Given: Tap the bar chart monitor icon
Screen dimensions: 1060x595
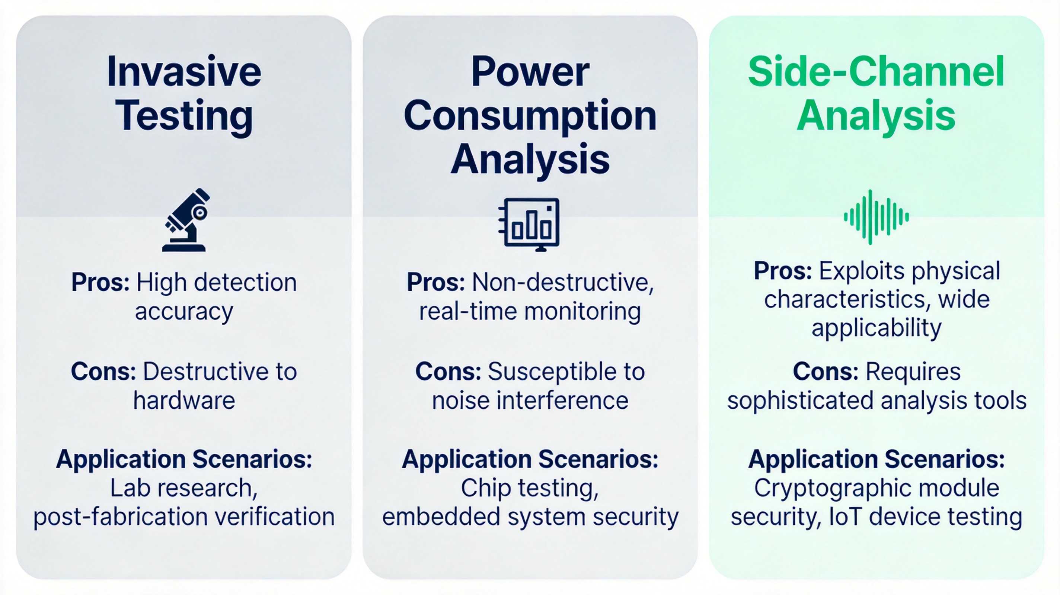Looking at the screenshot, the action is [530, 224].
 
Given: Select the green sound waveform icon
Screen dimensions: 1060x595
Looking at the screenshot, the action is [876, 217].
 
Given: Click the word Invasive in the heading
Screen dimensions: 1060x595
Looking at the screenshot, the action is [184, 72].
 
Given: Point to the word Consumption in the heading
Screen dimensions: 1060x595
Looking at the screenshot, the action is [530, 116].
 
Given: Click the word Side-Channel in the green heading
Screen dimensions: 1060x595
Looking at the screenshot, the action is [876, 72].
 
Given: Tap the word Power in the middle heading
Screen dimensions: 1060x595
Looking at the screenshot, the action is [530, 72].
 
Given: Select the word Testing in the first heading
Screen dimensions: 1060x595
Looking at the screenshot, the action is [184, 116].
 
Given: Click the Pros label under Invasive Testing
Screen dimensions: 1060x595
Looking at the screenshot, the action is [100, 283].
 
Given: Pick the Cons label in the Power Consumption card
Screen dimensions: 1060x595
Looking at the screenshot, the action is [448, 372].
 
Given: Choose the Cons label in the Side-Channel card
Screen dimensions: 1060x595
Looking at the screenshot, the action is [826, 372].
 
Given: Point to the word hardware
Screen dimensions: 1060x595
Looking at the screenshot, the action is [184, 401].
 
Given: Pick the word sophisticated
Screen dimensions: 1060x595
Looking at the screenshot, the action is [800, 401].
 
